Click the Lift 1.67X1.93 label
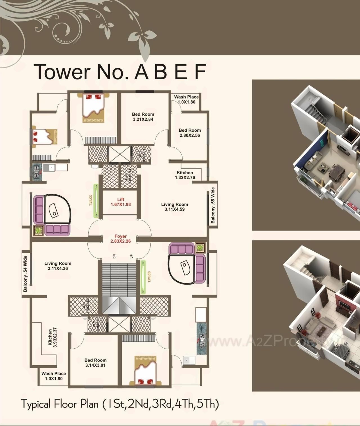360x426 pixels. click(121, 202)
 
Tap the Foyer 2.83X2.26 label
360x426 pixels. click(120, 239)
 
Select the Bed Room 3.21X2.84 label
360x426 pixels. click(143, 117)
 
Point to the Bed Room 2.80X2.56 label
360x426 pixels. click(190, 133)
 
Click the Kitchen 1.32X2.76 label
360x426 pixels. click(185, 175)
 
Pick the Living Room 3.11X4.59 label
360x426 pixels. click(174, 207)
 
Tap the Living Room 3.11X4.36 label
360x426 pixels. click(58, 266)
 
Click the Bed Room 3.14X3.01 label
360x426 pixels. click(95, 363)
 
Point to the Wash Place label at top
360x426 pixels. click(186, 99)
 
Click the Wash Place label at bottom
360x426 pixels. click(53, 376)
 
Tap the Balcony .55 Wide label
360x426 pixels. click(213, 205)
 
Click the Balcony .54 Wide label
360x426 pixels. click(25, 274)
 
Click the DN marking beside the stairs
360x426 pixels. click(114, 256)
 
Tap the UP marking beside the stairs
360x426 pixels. click(131, 256)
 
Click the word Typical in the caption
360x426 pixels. click(36, 404)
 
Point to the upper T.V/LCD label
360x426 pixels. click(91, 200)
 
